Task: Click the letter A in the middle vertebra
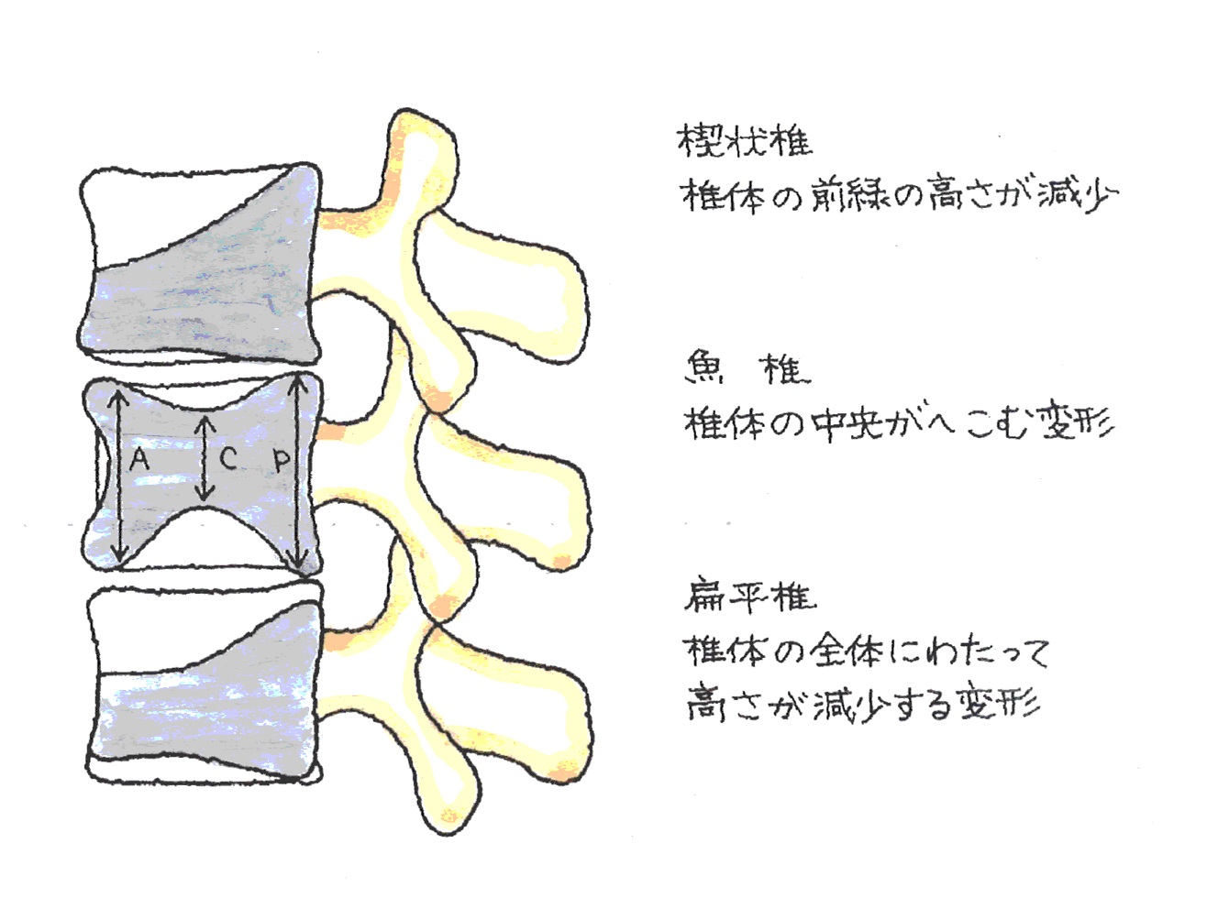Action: (x=138, y=458)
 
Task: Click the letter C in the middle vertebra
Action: (x=227, y=458)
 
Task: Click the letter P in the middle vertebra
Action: (x=282, y=459)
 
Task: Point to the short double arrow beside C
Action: (x=205, y=458)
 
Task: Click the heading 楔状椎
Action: (x=744, y=140)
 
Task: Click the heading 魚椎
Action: (x=747, y=367)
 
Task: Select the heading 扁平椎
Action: (x=749, y=597)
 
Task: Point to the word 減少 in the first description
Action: (x=1078, y=194)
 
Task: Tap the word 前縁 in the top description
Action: (x=852, y=195)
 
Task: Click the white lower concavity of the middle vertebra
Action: (x=205, y=541)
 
